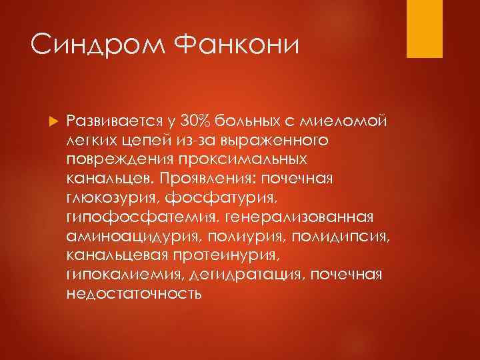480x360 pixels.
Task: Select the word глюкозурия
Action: [106, 198]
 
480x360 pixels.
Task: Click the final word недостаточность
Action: [133, 294]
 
